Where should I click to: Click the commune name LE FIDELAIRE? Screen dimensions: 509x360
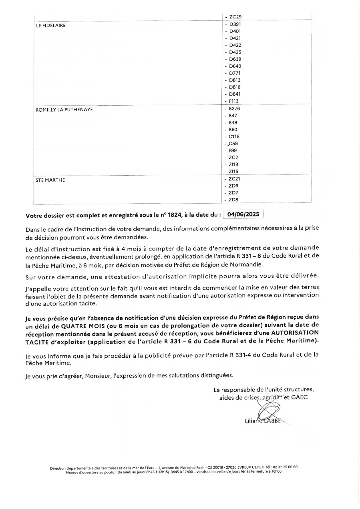point(51,26)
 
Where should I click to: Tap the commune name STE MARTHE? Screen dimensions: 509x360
point(50,180)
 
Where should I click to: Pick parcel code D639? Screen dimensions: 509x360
point(235,59)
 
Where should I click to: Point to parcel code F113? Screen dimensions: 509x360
point(234,101)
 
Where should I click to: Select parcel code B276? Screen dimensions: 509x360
point(235,108)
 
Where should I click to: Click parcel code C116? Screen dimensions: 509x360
point(234,136)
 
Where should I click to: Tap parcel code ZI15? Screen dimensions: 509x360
point(233,172)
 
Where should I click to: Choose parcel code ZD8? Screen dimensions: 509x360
point(234,200)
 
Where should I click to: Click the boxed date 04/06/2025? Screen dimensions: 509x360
point(243,214)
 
